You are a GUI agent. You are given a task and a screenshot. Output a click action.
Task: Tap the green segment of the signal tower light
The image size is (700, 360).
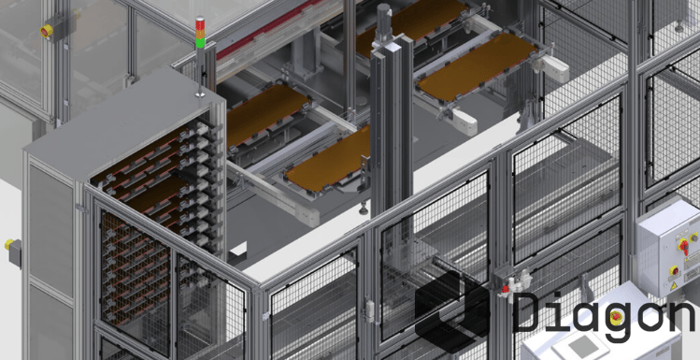pos(200,43)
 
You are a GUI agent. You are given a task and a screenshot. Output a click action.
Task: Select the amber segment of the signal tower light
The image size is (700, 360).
pos(200,34)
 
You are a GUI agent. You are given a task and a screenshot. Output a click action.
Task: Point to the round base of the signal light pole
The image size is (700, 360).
pos(200,94)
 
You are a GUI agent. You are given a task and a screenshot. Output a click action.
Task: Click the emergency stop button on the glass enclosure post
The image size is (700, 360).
pos(47,30)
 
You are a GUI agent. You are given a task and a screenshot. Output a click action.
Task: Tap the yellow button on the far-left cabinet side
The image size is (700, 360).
pos(9,245)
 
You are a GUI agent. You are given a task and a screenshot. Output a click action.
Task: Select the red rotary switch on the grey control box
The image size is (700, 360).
pos(683,244)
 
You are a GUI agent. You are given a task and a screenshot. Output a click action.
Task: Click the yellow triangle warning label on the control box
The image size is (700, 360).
pos(674,286)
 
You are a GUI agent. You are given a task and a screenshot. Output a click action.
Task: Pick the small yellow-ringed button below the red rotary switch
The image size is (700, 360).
pos(674,270)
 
